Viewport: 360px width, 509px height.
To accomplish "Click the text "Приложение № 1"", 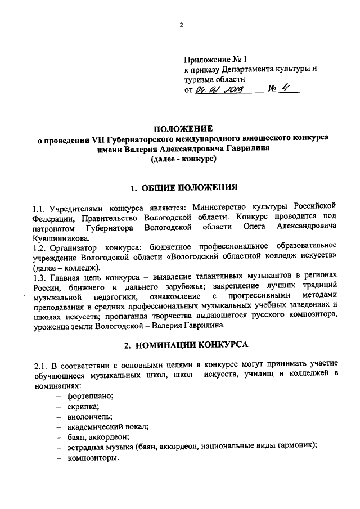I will (x=215, y=59).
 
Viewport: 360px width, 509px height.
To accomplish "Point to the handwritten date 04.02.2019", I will (x=216, y=90).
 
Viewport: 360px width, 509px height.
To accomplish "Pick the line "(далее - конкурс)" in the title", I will (x=183, y=159).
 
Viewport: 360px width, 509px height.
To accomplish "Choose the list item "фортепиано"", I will (x=90, y=397).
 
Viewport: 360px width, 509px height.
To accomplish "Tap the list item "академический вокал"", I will (x=107, y=427).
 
